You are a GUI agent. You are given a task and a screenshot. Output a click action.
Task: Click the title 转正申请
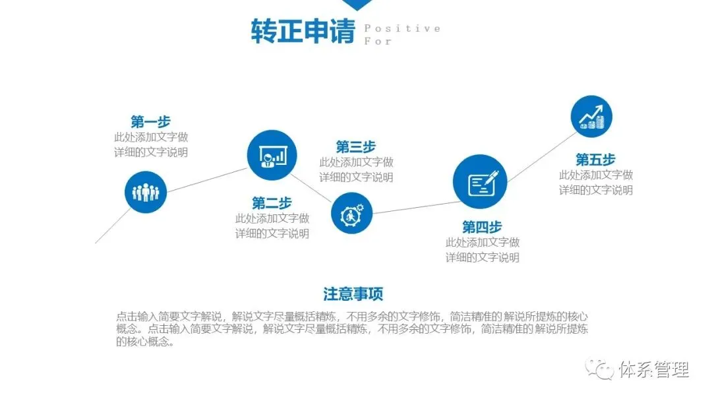click(x=303, y=31)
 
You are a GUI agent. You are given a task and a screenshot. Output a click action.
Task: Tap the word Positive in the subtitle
click(x=402, y=28)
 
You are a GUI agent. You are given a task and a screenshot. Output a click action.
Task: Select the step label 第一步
click(x=150, y=122)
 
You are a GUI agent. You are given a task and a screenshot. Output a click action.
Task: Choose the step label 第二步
click(x=272, y=203)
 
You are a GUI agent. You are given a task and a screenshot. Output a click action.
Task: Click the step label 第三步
click(x=356, y=146)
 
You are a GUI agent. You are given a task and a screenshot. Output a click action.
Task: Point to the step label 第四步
click(x=482, y=228)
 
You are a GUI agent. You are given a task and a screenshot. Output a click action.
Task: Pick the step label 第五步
click(x=595, y=160)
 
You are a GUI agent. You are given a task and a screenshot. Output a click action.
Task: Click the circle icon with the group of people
click(x=146, y=193)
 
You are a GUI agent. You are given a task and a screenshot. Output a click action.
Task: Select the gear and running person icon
click(x=352, y=213)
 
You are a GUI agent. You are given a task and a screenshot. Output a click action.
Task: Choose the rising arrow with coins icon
click(x=591, y=117)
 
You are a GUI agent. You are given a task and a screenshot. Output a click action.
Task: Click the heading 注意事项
click(x=353, y=294)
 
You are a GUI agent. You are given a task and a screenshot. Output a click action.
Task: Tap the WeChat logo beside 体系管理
click(x=601, y=369)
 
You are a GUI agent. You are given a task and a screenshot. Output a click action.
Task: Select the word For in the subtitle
click(x=378, y=41)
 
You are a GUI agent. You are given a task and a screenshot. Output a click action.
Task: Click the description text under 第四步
click(x=482, y=250)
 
